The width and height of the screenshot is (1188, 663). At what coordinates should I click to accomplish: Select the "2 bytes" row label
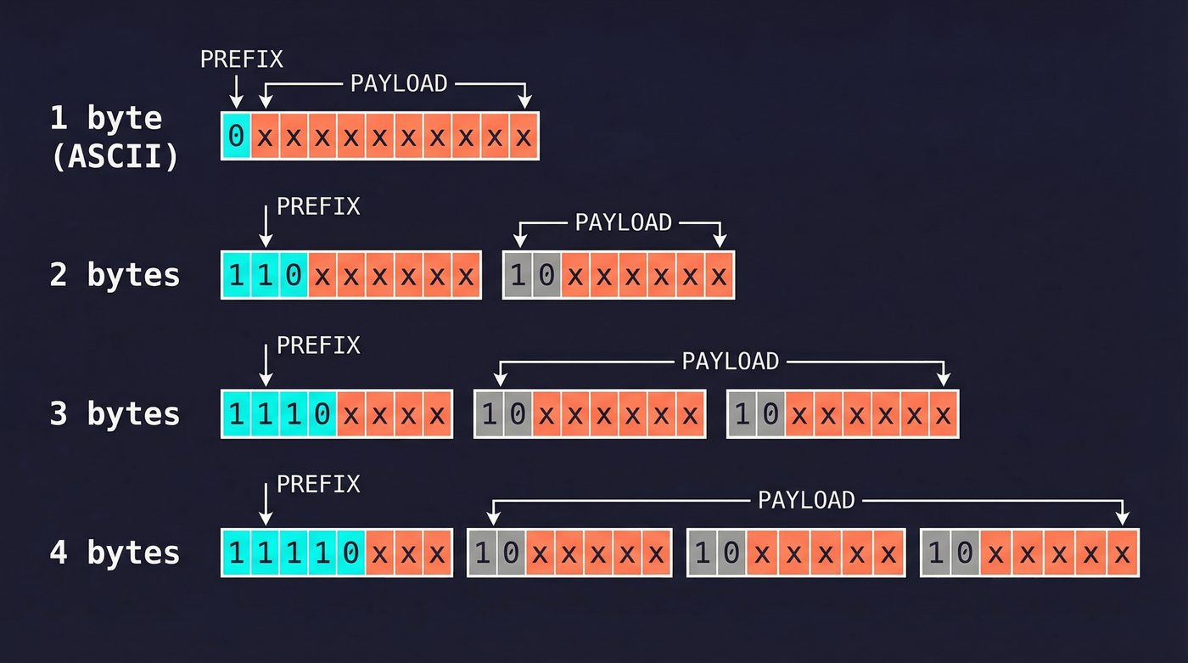click(115, 275)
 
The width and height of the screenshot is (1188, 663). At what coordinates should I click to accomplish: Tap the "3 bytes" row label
click(115, 413)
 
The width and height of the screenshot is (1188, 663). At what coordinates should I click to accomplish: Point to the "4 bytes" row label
click(115, 553)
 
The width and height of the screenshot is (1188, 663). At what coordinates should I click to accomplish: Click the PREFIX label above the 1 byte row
click(242, 59)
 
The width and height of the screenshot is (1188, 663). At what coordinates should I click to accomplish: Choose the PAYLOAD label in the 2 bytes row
click(624, 222)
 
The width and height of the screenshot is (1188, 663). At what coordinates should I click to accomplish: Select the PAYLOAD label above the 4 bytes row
click(806, 500)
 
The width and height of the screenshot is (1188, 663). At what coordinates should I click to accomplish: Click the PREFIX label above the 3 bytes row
click(318, 346)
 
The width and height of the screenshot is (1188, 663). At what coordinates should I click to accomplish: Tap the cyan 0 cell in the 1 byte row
click(237, 136)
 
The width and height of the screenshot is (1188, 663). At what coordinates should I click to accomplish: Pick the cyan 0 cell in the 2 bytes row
click(294, 275)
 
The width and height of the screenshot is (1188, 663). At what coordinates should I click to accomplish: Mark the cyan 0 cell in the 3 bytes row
click(322, 414)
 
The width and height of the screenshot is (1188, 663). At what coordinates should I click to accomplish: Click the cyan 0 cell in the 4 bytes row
click(350, 553)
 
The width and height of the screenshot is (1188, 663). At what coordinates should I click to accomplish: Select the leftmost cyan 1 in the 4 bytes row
click(237, 553)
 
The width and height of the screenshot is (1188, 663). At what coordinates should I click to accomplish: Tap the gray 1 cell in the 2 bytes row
click(518, 275)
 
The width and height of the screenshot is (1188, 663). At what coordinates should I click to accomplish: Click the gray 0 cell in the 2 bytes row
click(546, 275)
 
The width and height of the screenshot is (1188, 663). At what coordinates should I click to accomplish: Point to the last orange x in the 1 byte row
click(524, 136)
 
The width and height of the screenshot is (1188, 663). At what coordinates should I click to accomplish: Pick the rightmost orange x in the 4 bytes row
click(1123, 553)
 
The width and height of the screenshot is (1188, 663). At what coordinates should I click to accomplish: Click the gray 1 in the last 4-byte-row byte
click(936, 553)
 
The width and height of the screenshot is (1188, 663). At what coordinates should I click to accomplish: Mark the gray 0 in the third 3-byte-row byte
click(771, 414)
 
